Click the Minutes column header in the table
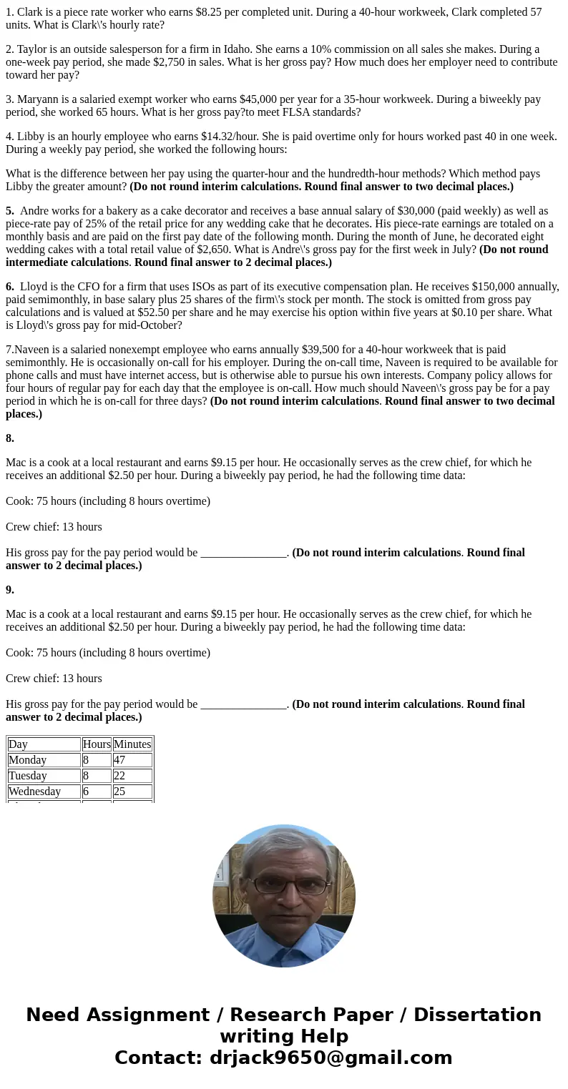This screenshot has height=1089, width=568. (132, 744)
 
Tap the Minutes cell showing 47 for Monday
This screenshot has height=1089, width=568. (119, 760)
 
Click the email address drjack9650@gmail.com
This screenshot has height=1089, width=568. (330, 1058)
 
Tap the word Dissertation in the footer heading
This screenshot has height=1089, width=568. (477, 1015)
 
